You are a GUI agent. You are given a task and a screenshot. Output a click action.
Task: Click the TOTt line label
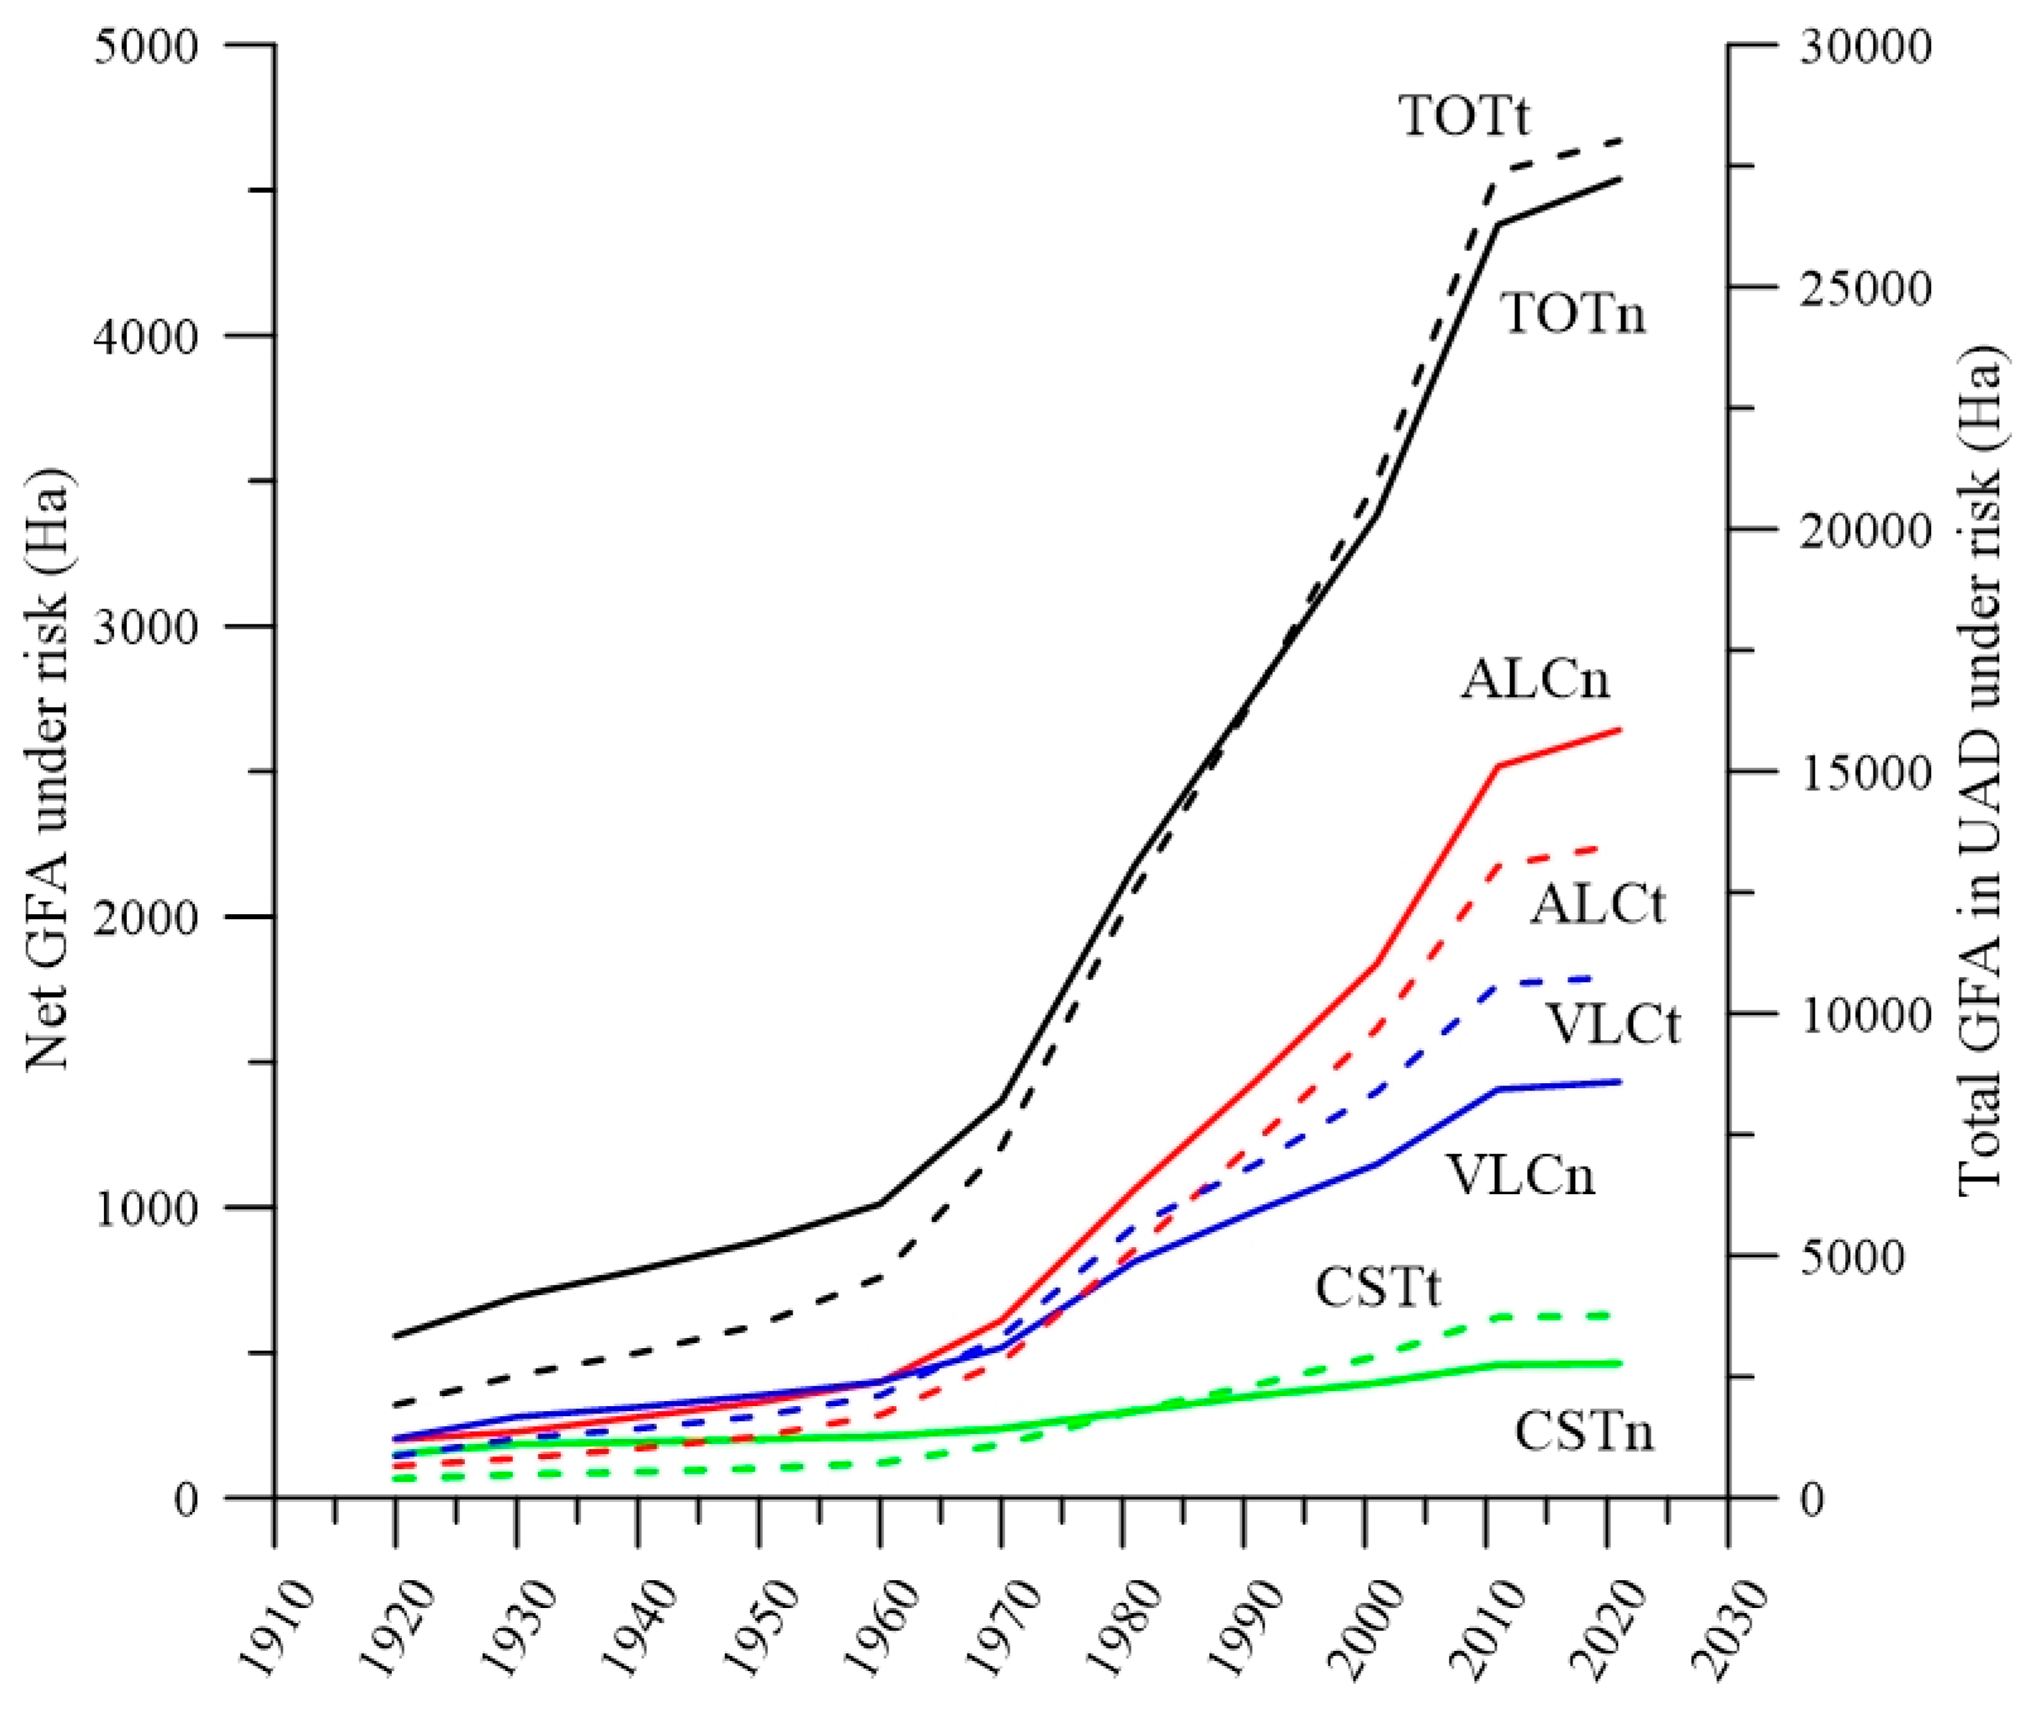tap(1464, 117)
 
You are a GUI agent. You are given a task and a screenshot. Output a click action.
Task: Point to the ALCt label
tap(1598, 904)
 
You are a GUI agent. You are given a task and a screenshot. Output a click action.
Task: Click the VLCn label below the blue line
tap(1522, 1175)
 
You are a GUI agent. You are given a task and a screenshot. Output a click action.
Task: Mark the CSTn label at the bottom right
tap(1584, 1433)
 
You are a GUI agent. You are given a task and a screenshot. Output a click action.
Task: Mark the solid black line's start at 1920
tap(395, 1335)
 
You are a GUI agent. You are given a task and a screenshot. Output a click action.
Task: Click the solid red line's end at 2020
tap(1621, 729)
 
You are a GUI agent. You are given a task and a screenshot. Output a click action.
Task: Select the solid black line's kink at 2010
tap(1498, 225)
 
